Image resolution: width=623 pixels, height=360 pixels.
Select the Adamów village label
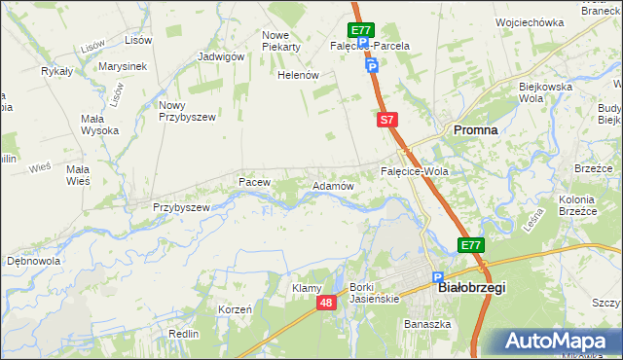(x=331, y=185)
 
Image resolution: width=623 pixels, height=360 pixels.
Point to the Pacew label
(x=253, y=182)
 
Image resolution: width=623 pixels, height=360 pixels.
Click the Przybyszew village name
(x=182, y=207)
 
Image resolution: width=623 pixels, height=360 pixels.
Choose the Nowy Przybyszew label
(x=186, y=111)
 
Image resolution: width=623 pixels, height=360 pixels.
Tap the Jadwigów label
(x=220, y=56)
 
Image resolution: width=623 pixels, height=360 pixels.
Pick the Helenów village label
(x=299, y=75)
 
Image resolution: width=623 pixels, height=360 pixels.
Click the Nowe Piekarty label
(x=281, y=41)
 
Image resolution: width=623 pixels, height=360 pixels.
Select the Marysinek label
(x=123, y=66)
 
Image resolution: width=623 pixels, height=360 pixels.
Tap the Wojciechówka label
(x=530, y=22)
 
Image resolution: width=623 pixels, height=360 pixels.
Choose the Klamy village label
(x=307, y=288)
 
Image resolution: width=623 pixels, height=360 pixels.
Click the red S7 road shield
(x=386, y=120)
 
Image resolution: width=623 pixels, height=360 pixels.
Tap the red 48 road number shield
(x=327, y=304)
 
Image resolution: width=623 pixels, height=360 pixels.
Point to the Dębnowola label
(x=34, y=261)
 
